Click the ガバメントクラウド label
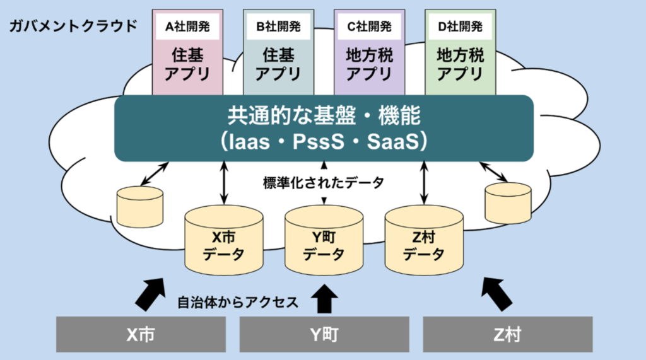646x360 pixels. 73,26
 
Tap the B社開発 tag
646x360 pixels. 278,26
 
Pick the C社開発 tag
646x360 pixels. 370,26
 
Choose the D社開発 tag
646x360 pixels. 460,26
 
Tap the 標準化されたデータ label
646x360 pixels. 324,183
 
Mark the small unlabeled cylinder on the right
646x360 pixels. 508,203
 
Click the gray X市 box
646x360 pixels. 141,334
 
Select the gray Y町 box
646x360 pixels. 324,334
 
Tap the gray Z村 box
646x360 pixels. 507,334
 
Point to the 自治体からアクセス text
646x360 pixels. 238,301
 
